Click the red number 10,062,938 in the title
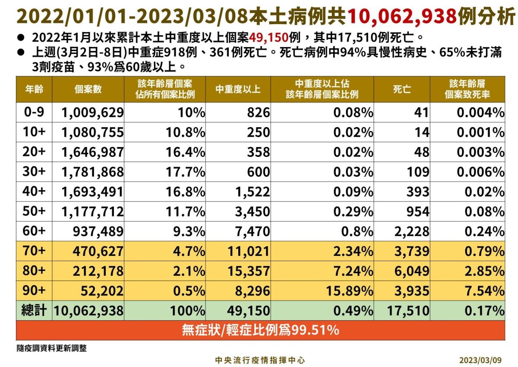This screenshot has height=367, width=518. pos(401,16)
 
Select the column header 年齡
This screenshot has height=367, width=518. pos(34,89)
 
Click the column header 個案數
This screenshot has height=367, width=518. pos(88,89)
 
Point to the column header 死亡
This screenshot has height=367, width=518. pos(402,89)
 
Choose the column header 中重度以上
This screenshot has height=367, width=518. pos(238,89)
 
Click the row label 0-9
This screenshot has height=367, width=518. pos(34,112)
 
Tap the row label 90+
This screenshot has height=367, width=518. pos(34,290)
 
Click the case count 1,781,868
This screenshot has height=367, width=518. pos(93,172)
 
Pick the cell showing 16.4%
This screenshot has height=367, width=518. pos(186,152)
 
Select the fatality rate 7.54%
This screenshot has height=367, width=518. pos(480,290)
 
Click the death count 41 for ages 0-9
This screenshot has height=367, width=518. pos(421,113)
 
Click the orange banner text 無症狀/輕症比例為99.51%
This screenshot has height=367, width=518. pos(260,330)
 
